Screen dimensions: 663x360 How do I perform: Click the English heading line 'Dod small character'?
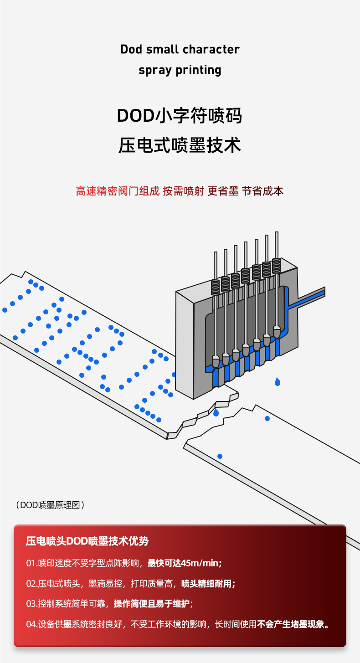(180, 49)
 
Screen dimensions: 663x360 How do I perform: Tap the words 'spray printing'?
(180, 70)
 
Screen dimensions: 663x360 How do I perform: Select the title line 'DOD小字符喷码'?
(180, 116)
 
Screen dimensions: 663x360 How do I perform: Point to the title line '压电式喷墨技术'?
(180, 145)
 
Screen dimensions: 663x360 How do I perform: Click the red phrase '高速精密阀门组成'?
(118, 191)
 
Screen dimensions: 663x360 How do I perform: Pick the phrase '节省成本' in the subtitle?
(262, 191)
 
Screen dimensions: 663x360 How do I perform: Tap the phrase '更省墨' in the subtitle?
(223, 191)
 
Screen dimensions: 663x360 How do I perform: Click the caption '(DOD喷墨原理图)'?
(50, 505)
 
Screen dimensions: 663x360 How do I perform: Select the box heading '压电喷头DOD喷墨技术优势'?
(87, 541)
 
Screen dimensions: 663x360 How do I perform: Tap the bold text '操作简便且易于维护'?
(151, 604)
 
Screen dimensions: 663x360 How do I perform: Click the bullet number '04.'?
(31, 624)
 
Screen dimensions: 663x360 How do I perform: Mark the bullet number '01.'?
(31, 563)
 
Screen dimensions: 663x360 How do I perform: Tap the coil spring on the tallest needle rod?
(276, 266)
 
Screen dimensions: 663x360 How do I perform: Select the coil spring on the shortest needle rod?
(216, 287)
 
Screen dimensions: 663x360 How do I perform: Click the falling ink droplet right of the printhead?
(278, 382)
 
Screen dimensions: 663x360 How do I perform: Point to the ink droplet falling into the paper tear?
(216, 412)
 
